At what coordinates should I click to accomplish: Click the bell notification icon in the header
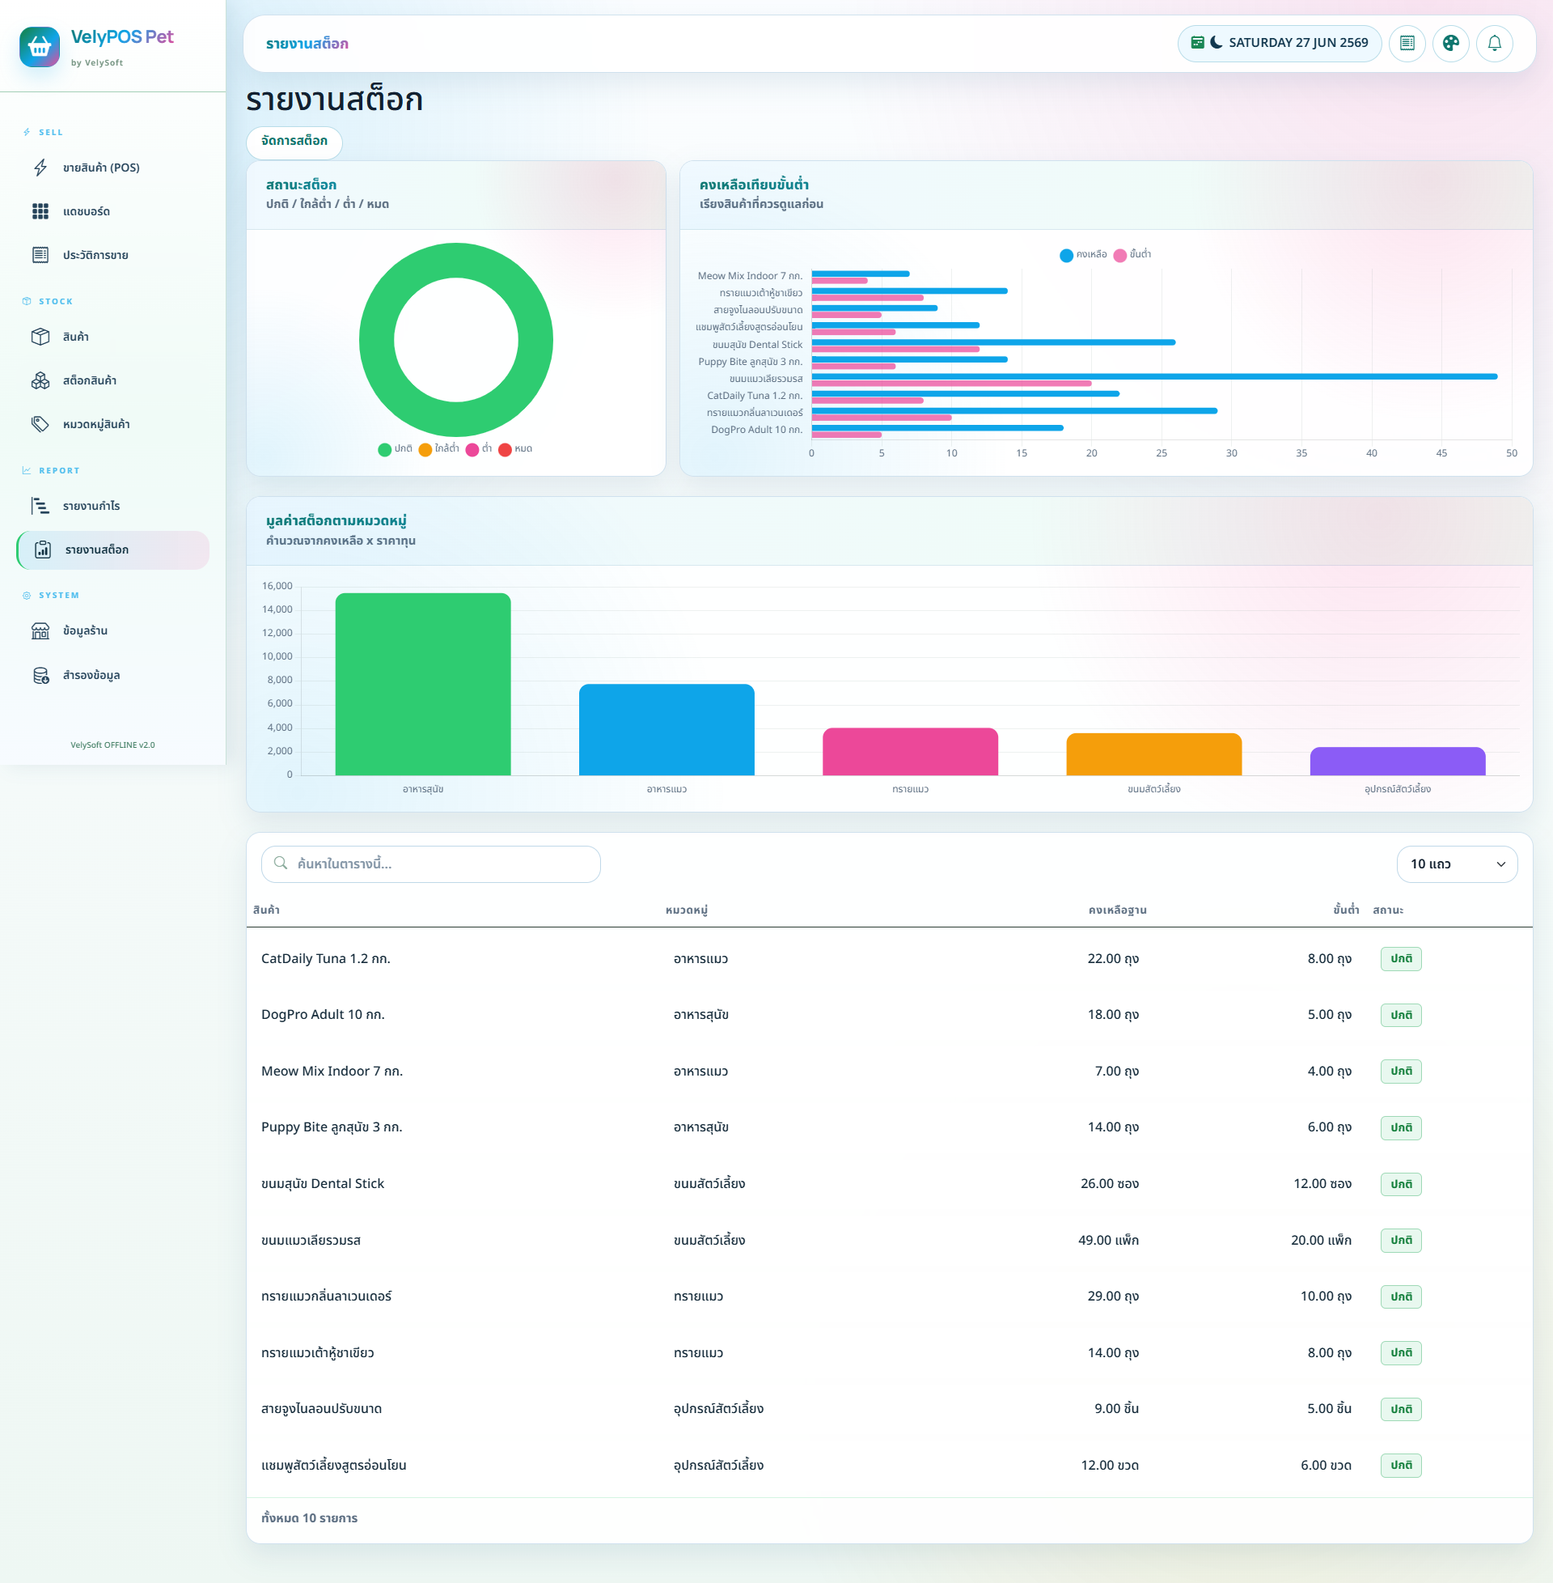click(x=1494, y=43)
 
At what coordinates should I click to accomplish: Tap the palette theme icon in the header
click(x=1450, y=43)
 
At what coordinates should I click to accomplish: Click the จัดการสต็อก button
click(x=294, y=141)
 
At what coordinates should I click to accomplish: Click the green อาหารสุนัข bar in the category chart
click(x=423, y=684)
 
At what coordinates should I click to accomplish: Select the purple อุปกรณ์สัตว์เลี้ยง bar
click(x=1397, y=762)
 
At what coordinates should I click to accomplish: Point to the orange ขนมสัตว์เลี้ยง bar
click(x=1154, y=754)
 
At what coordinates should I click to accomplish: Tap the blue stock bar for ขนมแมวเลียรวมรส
click(x=1154, y=376)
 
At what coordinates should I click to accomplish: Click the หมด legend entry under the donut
click(x=515, y=449)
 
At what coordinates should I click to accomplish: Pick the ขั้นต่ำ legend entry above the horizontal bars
click(x=1132, y=255)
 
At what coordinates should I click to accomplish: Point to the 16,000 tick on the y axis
click(x=277, y=586)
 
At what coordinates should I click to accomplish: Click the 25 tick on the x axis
click(x=1162, y=453)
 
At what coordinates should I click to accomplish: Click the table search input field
click(x=430, y=864)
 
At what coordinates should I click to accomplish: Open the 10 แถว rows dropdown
click(x=1457, y=864)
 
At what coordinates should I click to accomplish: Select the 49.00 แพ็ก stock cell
click(x=1108, y=1240)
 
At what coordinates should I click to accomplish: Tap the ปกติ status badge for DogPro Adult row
click(x=1400, y=1014)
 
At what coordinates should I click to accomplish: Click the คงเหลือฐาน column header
click(x=1118, y=910)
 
